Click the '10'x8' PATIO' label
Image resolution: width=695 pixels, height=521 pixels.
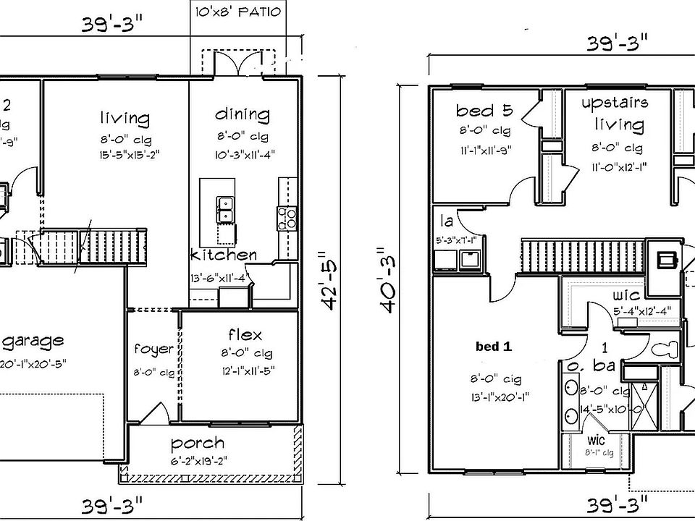(x=236, y=12)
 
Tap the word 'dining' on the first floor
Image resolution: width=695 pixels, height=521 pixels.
(x=243, y=115)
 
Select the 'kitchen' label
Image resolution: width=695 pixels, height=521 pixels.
(x=223, y=255)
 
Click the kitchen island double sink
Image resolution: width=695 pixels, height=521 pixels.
(x=225, y=209)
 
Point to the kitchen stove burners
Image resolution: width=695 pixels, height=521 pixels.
(x=286, y=218)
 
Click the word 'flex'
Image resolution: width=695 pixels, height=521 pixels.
(x=245, y=335)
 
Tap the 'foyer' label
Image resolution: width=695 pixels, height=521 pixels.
(x=154, y=350)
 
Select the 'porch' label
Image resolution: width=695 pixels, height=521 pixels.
(x=197, y=443)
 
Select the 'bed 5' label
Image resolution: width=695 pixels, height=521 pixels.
(x=484, y=111)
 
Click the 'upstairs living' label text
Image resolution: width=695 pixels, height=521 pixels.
(x=615, y=113)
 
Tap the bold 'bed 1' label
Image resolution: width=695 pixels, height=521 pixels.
(x=493, y=347)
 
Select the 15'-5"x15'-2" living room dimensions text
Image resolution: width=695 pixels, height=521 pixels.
(x=125, y=153)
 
